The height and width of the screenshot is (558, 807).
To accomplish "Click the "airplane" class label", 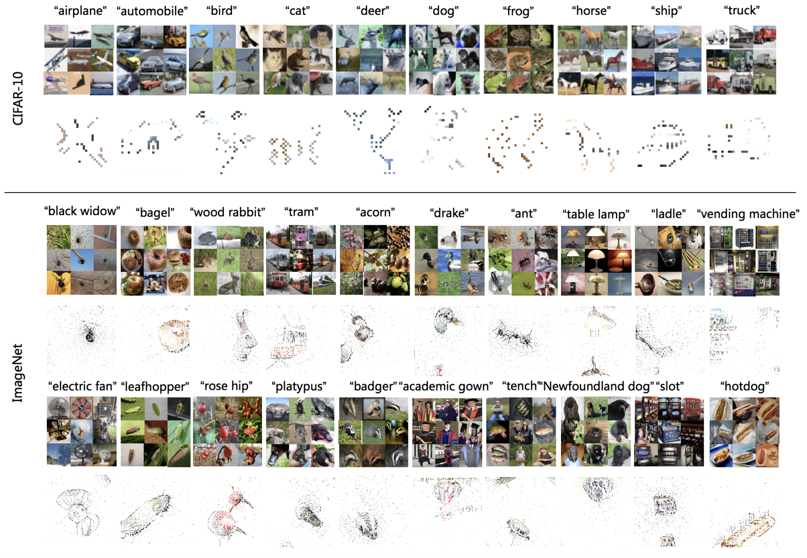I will (x=80, y=11).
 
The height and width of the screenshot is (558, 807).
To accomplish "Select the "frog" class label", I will (x=518, y=11).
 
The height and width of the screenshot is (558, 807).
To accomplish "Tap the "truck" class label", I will (x=741, y=11).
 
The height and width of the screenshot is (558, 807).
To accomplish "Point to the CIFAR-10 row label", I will (x=18, y=98).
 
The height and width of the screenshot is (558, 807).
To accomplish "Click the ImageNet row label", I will (x=18, y=373).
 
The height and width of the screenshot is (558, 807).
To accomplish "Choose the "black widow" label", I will (x=82, y=211).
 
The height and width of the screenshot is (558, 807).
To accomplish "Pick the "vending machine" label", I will (x=748, y=214).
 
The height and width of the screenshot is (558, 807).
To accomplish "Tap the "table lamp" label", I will (x=595, y=214).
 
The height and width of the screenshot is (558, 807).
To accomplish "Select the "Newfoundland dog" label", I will (x=599, y=386).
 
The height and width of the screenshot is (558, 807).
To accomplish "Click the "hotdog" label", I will (x=744, y=386).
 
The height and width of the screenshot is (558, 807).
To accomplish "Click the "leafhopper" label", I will (x=155, y=387).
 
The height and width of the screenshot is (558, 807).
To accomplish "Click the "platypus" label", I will (x=299, y=386).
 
